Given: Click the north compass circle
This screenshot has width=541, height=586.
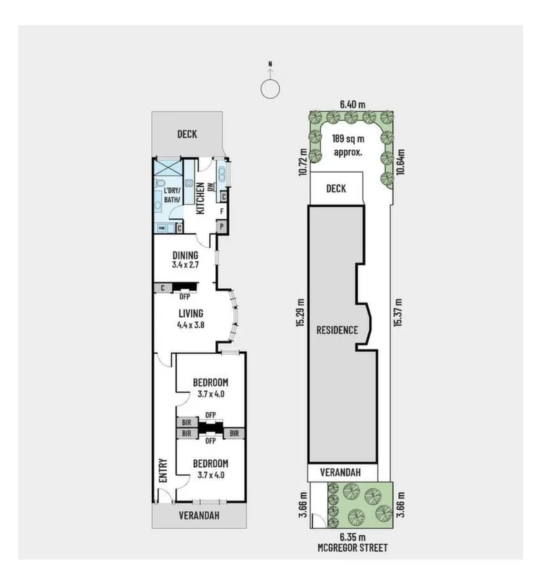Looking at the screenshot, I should [270, 88].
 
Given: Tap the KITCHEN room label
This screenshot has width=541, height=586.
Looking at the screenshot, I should [200, 198].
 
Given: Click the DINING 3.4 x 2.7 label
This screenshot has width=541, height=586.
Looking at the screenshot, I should [185, 259].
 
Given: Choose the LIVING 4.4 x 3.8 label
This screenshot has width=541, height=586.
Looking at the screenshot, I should [190, 319].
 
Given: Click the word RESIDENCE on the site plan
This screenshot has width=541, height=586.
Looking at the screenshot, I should [337, 330].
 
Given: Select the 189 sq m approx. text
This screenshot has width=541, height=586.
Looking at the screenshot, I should [348, 146].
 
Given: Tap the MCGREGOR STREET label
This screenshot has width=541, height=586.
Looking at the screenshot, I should [352, 547].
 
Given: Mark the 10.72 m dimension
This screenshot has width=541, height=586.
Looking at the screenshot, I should [302, 161].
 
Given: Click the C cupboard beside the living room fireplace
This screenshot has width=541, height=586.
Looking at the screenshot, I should [161, 288].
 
